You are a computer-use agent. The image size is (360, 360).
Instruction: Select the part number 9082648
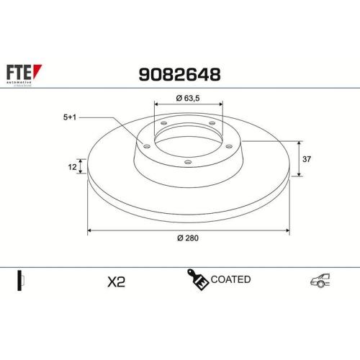tap(179, 74)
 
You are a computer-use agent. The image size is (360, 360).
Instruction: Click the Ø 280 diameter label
tap(188, 239)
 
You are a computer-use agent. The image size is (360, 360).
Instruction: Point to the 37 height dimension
tap(307, 158)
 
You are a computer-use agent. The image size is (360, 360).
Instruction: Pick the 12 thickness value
tap(72, 167)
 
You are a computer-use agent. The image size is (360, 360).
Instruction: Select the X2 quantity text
tap(116, 282)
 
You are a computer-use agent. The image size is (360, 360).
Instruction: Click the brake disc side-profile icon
tap(22, 281)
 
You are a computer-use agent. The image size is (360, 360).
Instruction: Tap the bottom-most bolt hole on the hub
tap(188, 163)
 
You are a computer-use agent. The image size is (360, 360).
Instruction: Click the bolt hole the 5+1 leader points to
tap(147, 146)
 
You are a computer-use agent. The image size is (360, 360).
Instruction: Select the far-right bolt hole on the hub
tap(229, 146)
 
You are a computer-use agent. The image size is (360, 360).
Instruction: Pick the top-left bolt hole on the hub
tap(164, 123)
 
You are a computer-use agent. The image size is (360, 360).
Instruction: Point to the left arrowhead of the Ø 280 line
tap(90, 230)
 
